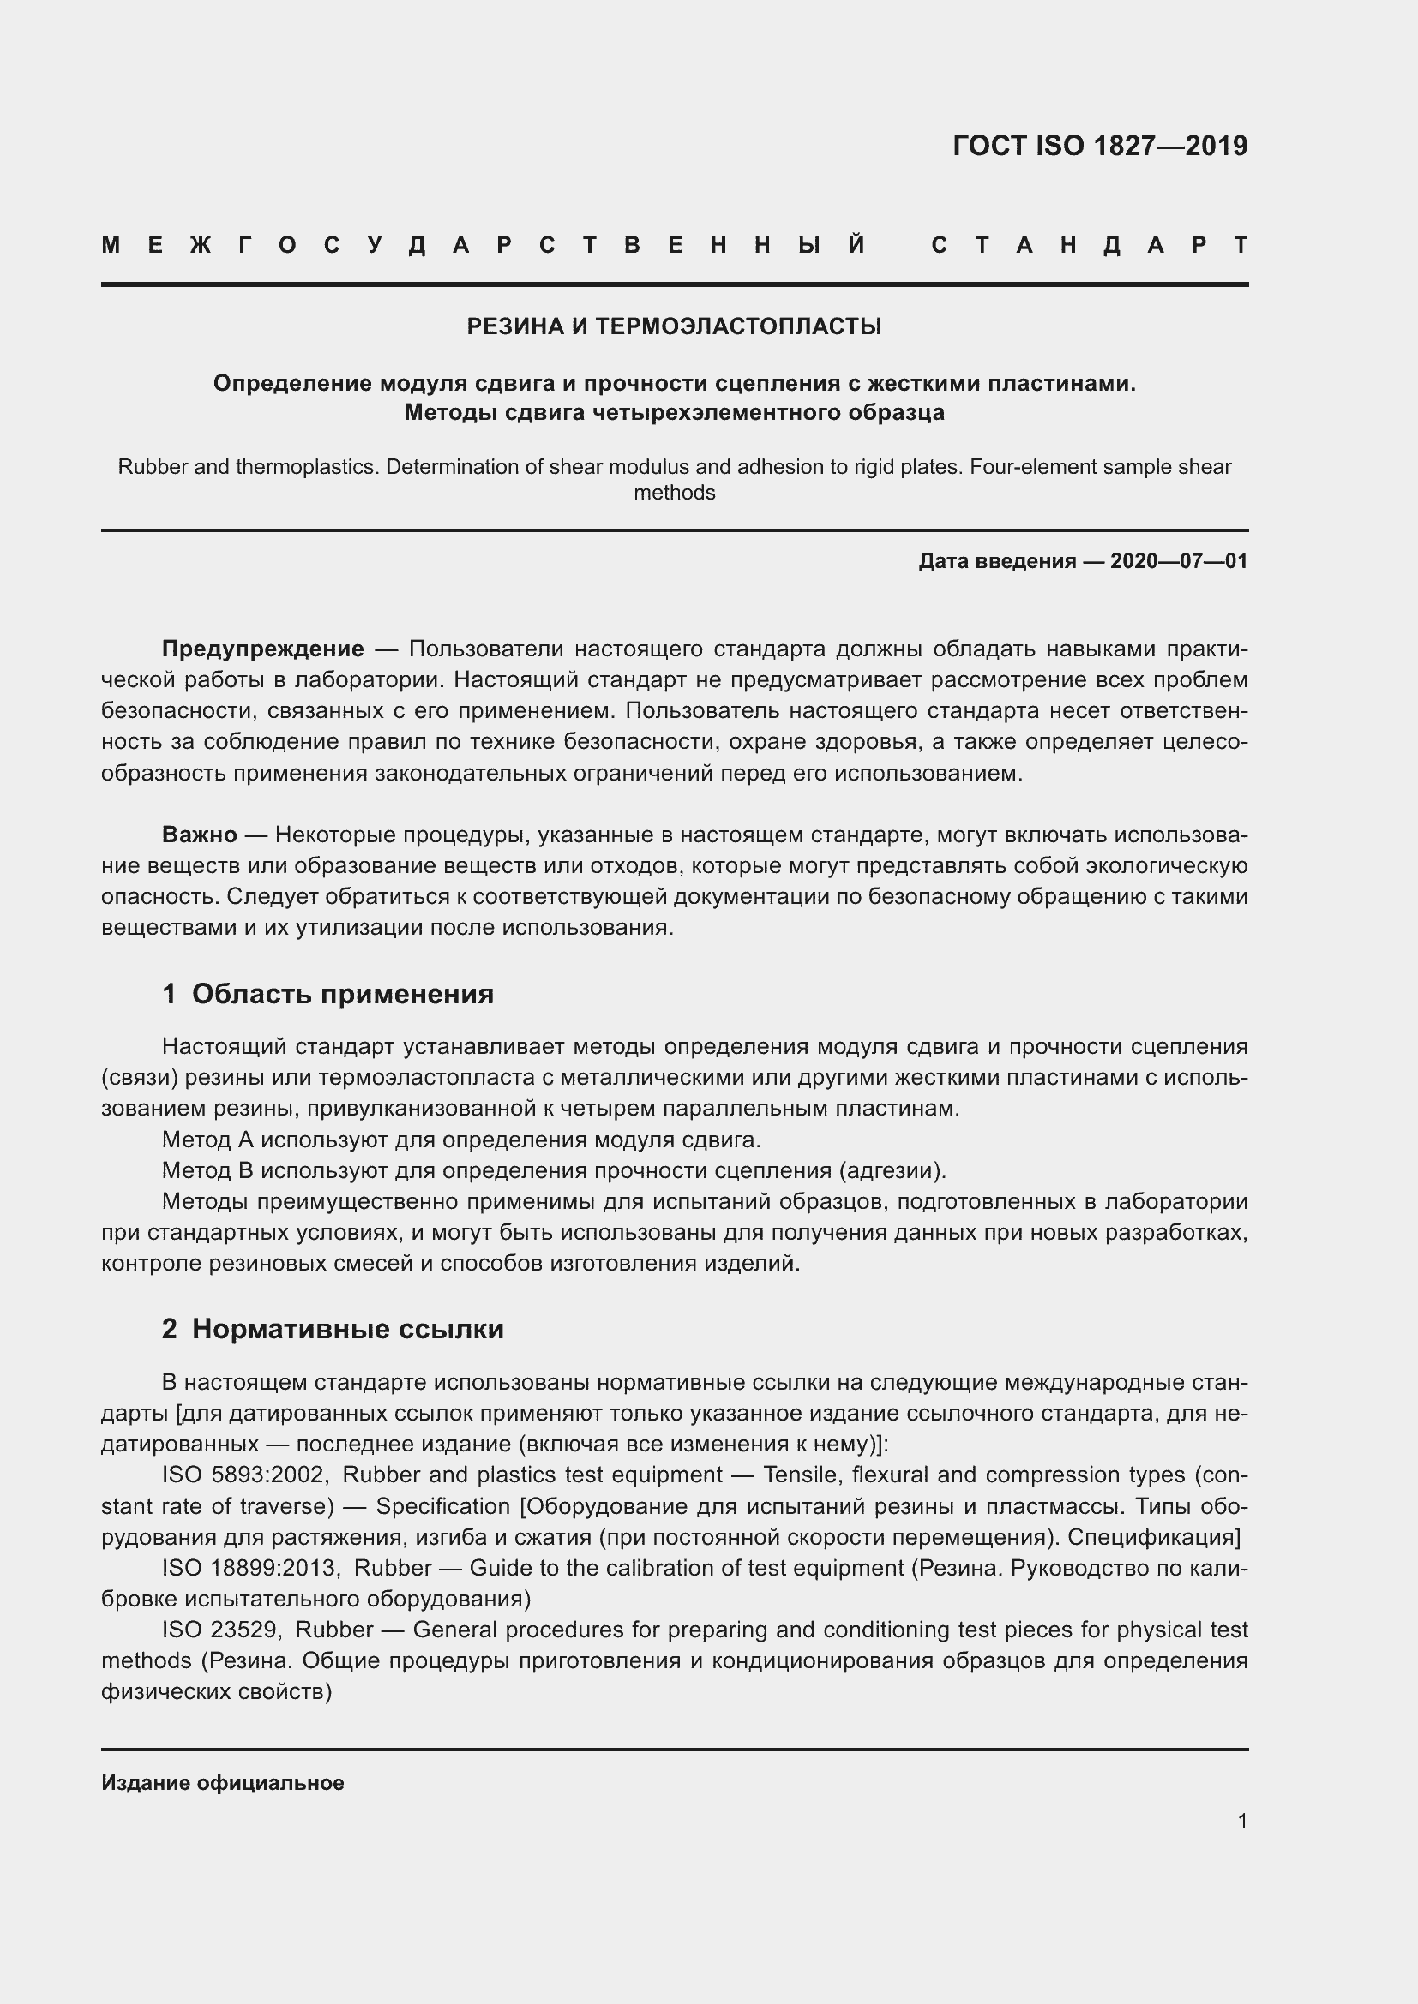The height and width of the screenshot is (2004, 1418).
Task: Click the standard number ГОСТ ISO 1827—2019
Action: (x=1099, y=146)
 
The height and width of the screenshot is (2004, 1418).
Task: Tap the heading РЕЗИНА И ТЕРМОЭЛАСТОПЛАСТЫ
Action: (x=674, y=326)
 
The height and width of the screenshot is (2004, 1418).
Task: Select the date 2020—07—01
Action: (x=1179, y=561)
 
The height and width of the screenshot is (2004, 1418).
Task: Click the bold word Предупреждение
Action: (x=263, y=649)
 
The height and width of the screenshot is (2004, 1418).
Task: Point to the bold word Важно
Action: (x=199, y=835)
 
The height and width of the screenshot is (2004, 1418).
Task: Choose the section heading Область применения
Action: (x=342, y=993)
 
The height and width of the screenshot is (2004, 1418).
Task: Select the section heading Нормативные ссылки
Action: (x=347, y=1329)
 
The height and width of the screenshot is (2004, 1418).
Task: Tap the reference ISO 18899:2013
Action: (x=249, y=1568)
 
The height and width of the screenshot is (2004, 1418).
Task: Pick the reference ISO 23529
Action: (x=220, y=1630)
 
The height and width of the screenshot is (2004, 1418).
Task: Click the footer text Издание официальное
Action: (x=223, y=1782)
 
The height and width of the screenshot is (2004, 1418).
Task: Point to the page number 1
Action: (x=1241, y=1821)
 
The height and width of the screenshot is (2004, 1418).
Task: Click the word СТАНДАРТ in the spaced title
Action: (x=1089, y=245)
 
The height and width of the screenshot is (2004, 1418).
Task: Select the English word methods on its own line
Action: (x=674, y=494)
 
